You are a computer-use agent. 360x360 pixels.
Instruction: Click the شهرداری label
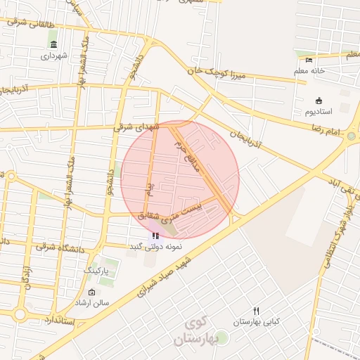54,56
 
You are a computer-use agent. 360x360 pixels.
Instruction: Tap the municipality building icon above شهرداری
54,45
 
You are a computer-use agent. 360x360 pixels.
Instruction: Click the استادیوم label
309,112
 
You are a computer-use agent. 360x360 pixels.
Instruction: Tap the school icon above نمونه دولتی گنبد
155,236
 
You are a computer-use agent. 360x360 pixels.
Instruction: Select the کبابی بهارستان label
256,321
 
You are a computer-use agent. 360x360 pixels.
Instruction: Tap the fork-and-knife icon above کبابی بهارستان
256,310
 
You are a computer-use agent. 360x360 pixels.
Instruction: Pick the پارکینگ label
96,269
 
